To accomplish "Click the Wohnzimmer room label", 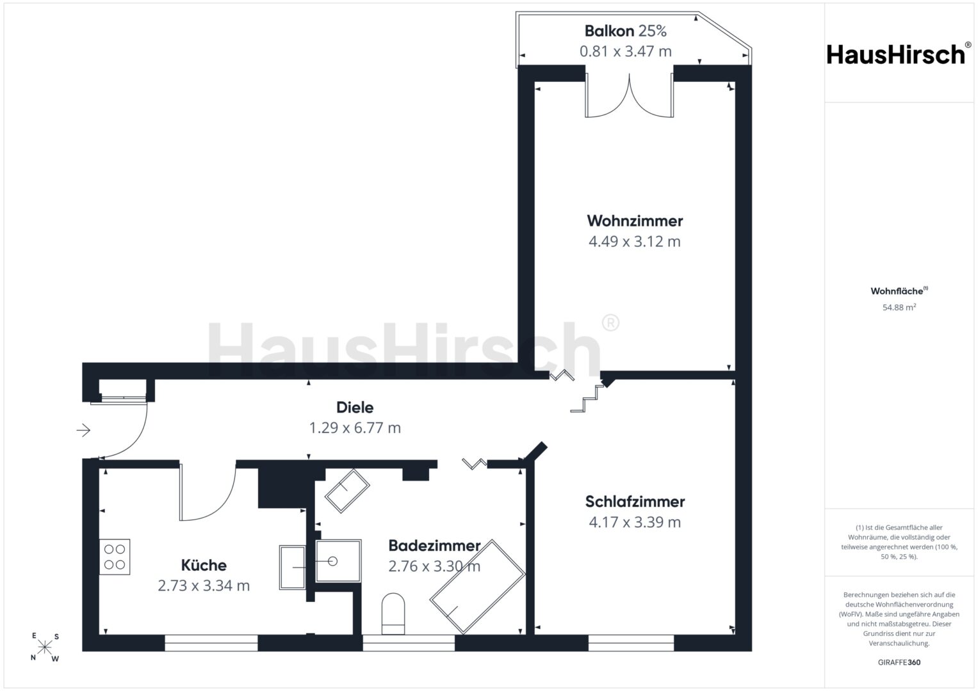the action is (x=635, y=221).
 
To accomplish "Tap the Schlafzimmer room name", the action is (x=635, y=502).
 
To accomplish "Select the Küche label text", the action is (x=204, y=565).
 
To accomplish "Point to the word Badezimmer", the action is (x=434, y=545).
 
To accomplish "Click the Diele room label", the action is (x=355, y=408).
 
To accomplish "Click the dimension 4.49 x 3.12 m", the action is (x=635, y=241).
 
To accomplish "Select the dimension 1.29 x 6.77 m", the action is (x=355, y=427).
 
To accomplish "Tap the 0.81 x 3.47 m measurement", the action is (x=625, y=51).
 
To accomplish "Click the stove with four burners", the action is (x=115, y=557).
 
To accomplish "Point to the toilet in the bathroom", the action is (x=393, y=614).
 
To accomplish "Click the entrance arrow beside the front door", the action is (x=83, y=430).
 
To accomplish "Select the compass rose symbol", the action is (x=45, y=647).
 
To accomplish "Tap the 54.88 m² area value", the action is (x=899, y=307).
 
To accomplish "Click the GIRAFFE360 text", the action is (x=899, y=662).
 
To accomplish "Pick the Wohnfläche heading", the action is (x=899, y=291).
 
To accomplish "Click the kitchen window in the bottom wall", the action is (x=211, y=643).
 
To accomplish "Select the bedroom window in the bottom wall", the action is (x=631, y=643).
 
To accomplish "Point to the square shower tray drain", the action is (x=332, y=561).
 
